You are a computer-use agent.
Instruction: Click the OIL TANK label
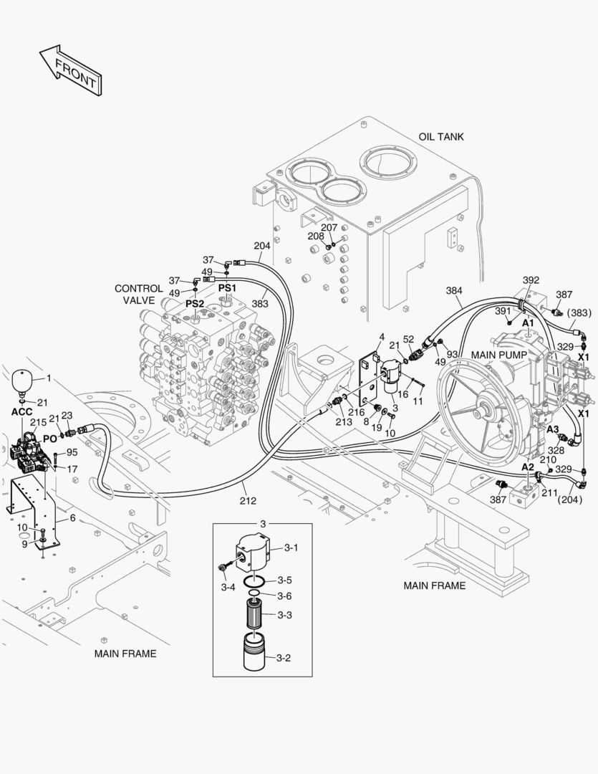point(441,136)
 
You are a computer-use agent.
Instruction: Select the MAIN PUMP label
point(499,355)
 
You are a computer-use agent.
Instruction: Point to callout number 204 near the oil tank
point(262,246)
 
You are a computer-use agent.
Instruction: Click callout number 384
point(454,290)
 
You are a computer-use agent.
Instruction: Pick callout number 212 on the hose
point(248,501)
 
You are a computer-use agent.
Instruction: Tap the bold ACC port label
point(23,412)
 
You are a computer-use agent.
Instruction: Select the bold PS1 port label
point(227,287)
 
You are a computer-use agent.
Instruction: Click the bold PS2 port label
point(195,304)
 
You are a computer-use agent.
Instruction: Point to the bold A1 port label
point(528,323)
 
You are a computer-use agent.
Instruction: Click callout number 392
point(531,280)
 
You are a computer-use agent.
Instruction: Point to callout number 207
point(329,228)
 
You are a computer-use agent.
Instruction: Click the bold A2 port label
point(527,467)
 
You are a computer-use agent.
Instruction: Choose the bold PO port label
point(49,438)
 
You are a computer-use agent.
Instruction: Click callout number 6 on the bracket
point(72,518)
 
